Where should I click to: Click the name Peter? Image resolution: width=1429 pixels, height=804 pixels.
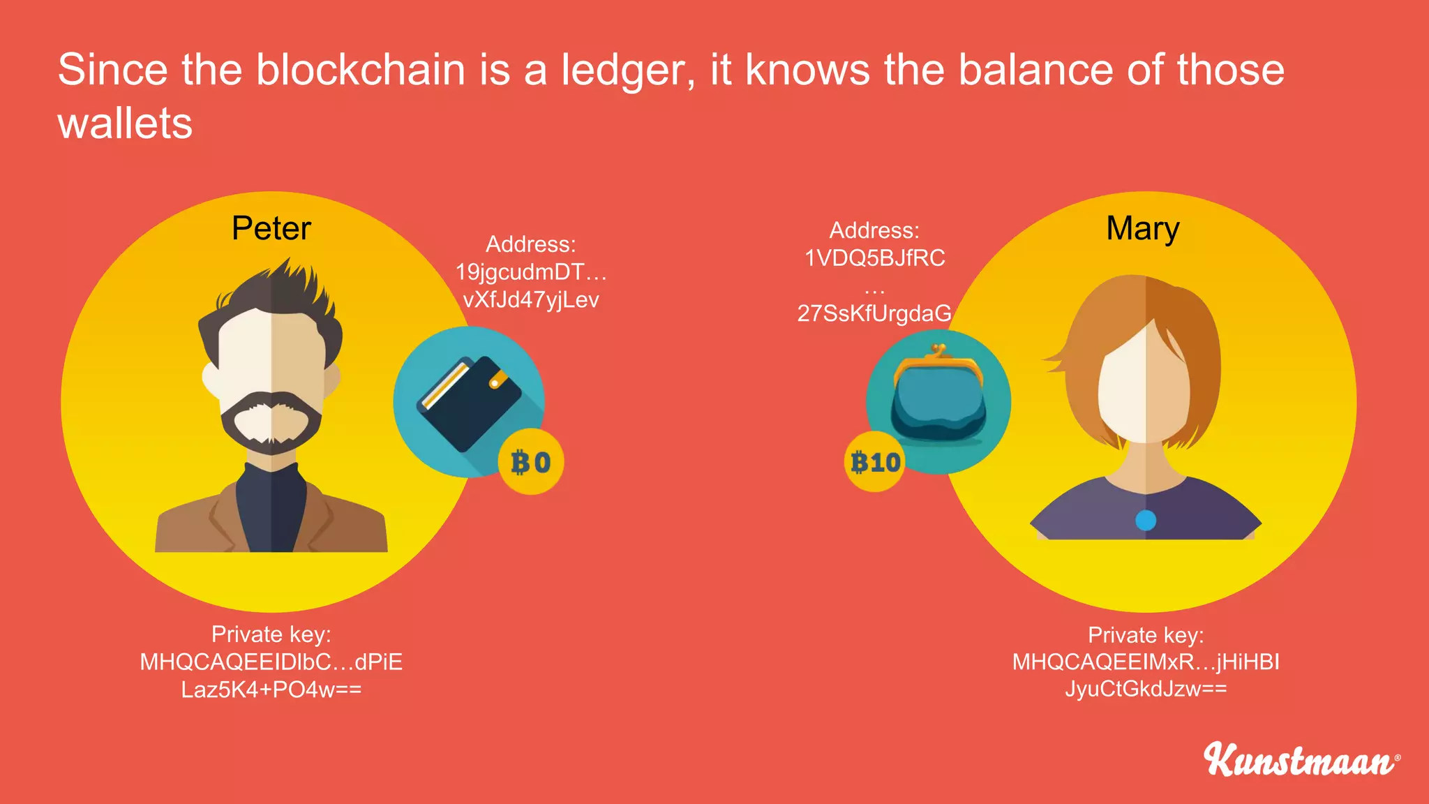pyautogui.click(x=271, y=229)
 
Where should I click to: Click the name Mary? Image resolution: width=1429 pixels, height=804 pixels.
pyautogui.click(x=1142, y=229)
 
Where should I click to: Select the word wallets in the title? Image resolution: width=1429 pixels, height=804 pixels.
pyautogui.click(x=125, y=124)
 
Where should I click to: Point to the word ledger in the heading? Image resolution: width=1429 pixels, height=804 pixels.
pyautogui.click(x=628, y=71)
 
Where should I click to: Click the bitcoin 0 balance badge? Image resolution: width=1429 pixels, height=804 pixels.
pyautogui.click(x=531, y=462)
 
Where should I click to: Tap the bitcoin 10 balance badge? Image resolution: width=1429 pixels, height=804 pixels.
pyautogui.click(x=875, y=462)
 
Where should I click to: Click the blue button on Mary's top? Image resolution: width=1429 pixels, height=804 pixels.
pyautogui.click(x=1146, y=520)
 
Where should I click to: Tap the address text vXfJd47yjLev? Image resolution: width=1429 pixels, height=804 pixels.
pyautogui.click(x=531, y=300)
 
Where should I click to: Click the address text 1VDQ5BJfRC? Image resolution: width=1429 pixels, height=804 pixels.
pyautogui.click(x=874, y=258)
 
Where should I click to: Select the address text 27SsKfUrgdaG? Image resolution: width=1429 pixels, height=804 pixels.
pyautogui.click(x=874, y=313)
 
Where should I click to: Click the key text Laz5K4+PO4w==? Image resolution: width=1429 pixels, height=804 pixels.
pyautogui.click(x=271, y=690)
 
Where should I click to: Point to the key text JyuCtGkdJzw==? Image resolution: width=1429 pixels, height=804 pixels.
pyautogui.click(x=1146, y=689)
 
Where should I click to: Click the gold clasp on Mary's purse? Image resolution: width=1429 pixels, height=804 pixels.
pyautogui.click(x=938, y=352)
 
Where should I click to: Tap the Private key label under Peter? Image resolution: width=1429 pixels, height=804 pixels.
pyautogui.click(x=271, y=634)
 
